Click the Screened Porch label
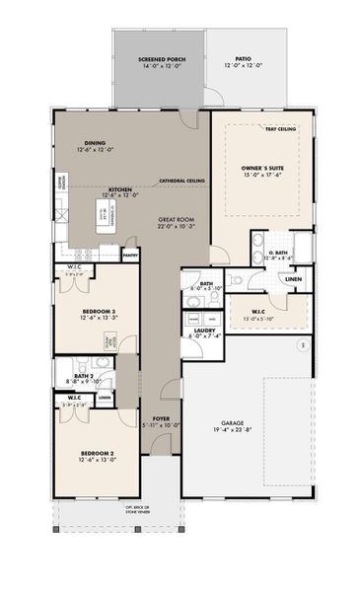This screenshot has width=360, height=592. pyautogui.click(x=158, y=60)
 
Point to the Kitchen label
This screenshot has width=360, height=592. pyautogui.click(x=118, y=188)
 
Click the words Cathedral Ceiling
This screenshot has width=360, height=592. pyautogui.click(x=182, y=182)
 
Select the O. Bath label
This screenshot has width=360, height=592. pyautogui.click(x=280, y=254)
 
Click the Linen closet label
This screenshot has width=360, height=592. pyautogui.click(x=294, y=279)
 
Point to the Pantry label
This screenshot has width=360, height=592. pyautogui.click(x=130, y=255)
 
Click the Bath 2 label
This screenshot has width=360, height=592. pyautogui.click(x=80, y=376)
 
